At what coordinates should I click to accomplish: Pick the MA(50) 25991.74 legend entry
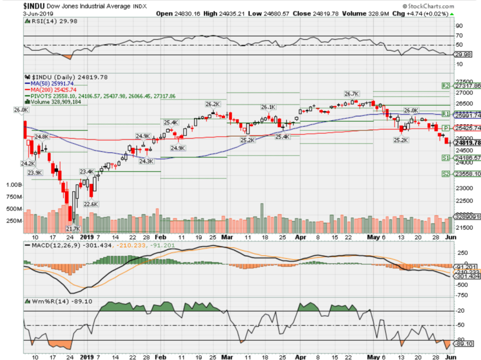click(50, 83)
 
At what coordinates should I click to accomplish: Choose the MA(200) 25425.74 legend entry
click(51, 89)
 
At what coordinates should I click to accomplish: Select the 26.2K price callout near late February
click(212, 104)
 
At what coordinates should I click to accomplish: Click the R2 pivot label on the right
click(446, 86)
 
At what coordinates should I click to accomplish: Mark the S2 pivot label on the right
click(446, 174)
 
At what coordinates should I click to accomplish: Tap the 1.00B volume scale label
click(13, 185)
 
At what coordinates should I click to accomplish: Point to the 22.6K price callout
click(91, 204)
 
